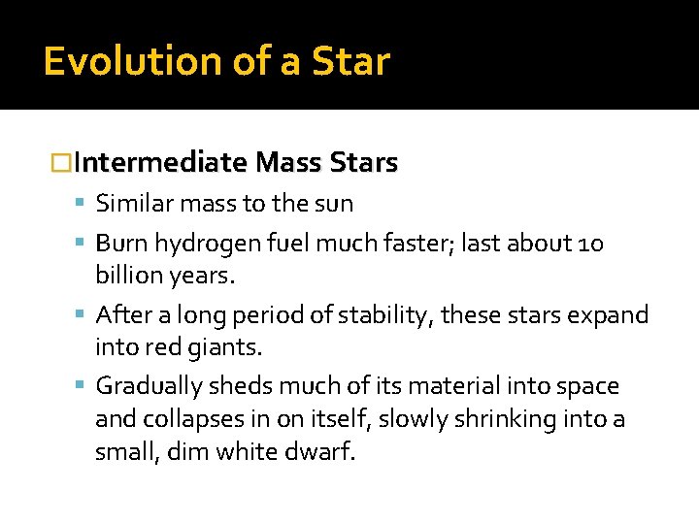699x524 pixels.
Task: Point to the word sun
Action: (336, 204)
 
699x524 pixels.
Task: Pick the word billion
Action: (130, 275)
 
